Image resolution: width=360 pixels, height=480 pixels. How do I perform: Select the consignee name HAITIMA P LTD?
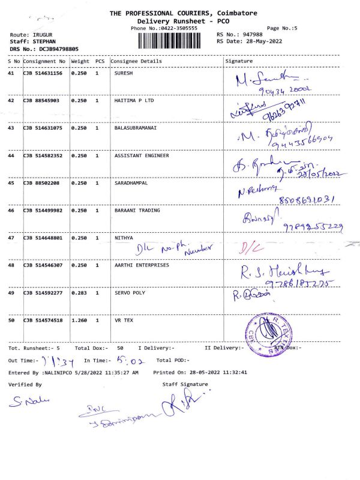pos(134,101)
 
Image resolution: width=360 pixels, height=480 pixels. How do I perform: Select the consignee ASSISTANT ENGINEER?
pos(142,155)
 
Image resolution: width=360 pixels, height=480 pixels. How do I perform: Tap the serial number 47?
pos(11,238)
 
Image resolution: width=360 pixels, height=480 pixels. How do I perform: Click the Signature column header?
pos(239,61)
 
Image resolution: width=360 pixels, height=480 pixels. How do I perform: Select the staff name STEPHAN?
pos(44,41)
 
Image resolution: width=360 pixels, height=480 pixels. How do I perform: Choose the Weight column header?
pos(80,61)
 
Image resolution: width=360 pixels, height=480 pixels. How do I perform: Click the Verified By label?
pos(25,384)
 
